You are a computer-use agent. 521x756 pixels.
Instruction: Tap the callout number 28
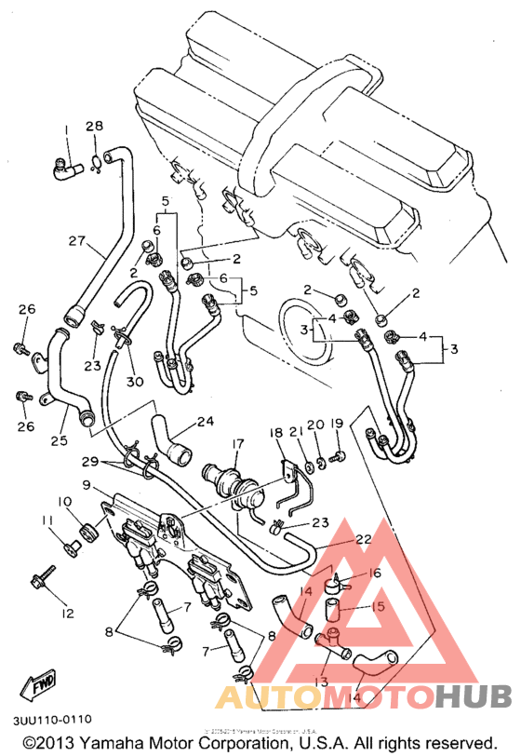click(x=96, y=127)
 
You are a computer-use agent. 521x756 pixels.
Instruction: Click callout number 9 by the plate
click(x=87, y=485)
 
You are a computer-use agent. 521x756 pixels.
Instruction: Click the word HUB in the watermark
click(x=474, y=695)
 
